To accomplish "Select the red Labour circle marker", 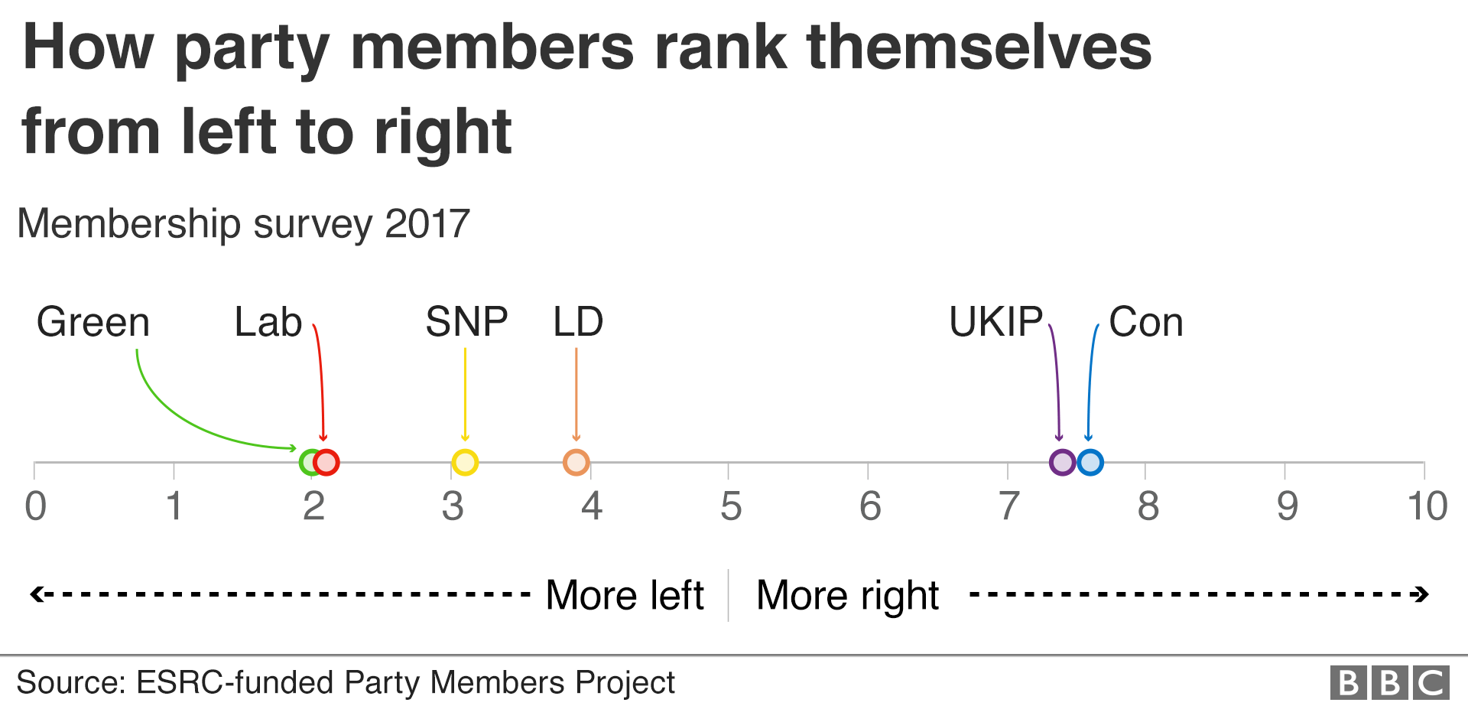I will click(x=326, y=462).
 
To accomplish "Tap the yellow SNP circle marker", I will click(x=465, y=462).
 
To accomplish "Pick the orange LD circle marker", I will click(x=576, y=462).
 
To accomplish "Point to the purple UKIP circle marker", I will click(x=1062, y=462).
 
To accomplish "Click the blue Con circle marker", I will click(x=1090, y=462).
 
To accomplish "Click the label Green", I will click(x=93, y=322).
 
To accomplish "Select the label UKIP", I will click(x=995, y=322).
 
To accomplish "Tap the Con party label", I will click(x=1145, y=322).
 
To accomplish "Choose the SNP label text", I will click(x=466, y=322).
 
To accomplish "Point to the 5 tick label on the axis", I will click(x=731, y=506).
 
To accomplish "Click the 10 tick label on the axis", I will click(x=1427, y=506).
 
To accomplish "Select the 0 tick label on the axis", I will click(x=35, y=506).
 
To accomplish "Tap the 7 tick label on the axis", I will click(x=1009, y=506).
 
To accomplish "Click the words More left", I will click(x=624, y=595).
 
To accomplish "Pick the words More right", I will click(x=847, y=595).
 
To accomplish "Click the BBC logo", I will click(x=1389, y=682).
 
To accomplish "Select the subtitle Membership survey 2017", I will click(x=243, y=224).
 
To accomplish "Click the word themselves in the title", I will click(x=979, y=47).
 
